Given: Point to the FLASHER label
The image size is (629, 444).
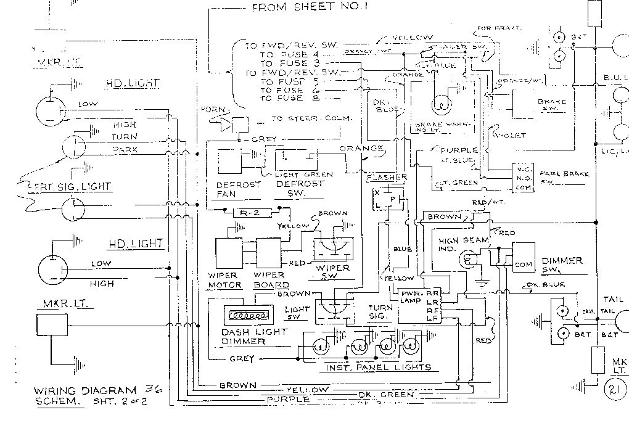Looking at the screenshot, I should [x=387, y=178].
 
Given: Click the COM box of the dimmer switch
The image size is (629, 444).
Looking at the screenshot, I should [x=523, y=264].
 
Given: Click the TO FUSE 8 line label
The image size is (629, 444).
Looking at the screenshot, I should [x=290, y=98].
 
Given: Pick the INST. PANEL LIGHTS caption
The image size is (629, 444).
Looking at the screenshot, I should [x=378, y=368].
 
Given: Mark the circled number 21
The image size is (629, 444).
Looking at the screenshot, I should [x=614, y=389].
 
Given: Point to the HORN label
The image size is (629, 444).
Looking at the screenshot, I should [x=216, y=110].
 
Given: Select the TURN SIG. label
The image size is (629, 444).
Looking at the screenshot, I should [x=380, y=311].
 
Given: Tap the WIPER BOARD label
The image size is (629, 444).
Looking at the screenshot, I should [x=271, y=280].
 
